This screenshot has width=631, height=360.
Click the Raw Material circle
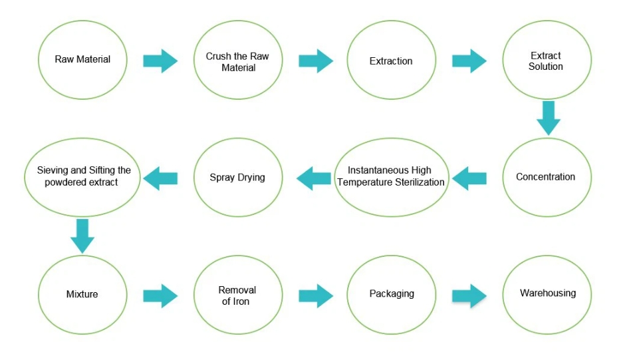(82, 60)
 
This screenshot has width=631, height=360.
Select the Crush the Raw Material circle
(238, 60)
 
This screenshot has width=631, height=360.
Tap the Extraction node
(391, 60)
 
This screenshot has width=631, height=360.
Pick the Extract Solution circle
(547, 60)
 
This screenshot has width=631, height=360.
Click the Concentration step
(547, 177)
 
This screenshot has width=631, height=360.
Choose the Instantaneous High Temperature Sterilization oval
(391, 177)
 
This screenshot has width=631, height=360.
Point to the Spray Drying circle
(238, 177)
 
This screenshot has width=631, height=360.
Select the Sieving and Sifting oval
(82, 177)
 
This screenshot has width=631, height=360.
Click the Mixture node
(82, 295)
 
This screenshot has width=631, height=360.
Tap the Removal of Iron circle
(238, 295)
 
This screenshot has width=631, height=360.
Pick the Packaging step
(391, 295)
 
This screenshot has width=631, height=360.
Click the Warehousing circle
(547, 295)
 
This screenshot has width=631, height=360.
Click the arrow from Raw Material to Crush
(160, 61)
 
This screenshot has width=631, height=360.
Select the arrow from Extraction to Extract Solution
(469, 61)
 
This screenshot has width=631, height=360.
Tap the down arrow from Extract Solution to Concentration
(549, 118)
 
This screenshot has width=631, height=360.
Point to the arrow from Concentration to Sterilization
(469, 178)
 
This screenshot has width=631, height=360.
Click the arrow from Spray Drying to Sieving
(160, 178)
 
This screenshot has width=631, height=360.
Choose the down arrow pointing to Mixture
(82, 236)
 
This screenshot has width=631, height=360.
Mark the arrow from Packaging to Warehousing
(469, 296)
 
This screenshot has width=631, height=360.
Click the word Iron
(241, 301)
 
